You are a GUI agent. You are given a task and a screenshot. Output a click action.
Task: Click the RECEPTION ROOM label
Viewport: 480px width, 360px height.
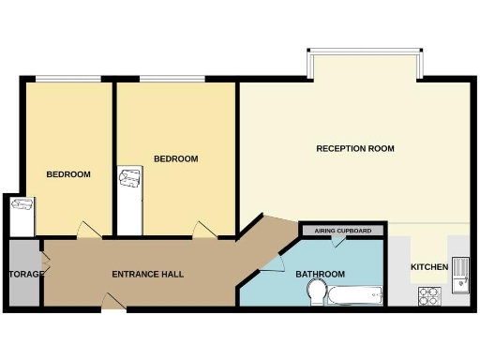[x=354, y=149]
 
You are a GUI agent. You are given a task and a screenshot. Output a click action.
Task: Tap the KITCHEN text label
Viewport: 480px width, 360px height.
[x=429, y=268]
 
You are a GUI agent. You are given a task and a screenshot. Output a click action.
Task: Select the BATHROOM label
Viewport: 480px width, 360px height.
[x=320, y=275]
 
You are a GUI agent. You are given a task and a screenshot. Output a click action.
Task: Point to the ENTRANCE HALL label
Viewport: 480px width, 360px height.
[x=147, y=275]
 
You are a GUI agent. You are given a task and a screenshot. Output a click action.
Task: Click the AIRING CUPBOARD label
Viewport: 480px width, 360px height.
[x=342, y=231]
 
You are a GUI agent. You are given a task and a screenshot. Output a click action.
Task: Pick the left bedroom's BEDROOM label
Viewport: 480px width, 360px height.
[x=68, y=175]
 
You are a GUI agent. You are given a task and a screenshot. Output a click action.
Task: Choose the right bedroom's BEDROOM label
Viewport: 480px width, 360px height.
[x=176, y=159]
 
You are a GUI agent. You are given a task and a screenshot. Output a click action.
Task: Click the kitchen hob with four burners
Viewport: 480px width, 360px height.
[x=430, y=295]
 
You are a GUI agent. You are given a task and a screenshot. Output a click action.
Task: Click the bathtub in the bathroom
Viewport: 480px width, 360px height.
[x=356, y=298]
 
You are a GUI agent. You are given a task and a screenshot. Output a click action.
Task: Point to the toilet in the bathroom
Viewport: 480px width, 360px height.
[x=317, y=297]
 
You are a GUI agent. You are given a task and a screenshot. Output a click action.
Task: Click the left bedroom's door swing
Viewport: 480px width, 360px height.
[x=86, y=231]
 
